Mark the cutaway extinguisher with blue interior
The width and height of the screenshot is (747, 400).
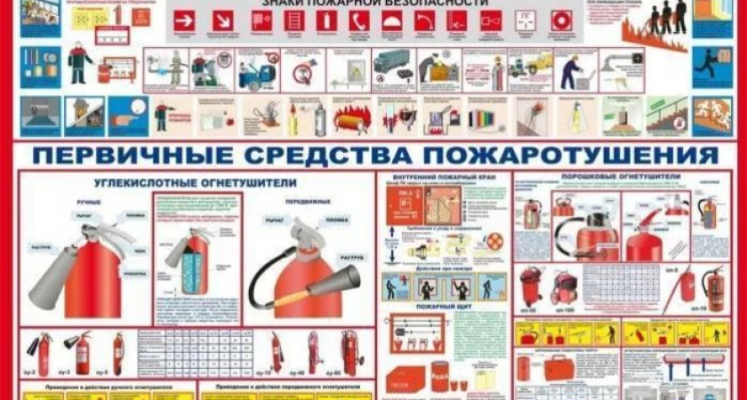[x=192, y=267]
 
